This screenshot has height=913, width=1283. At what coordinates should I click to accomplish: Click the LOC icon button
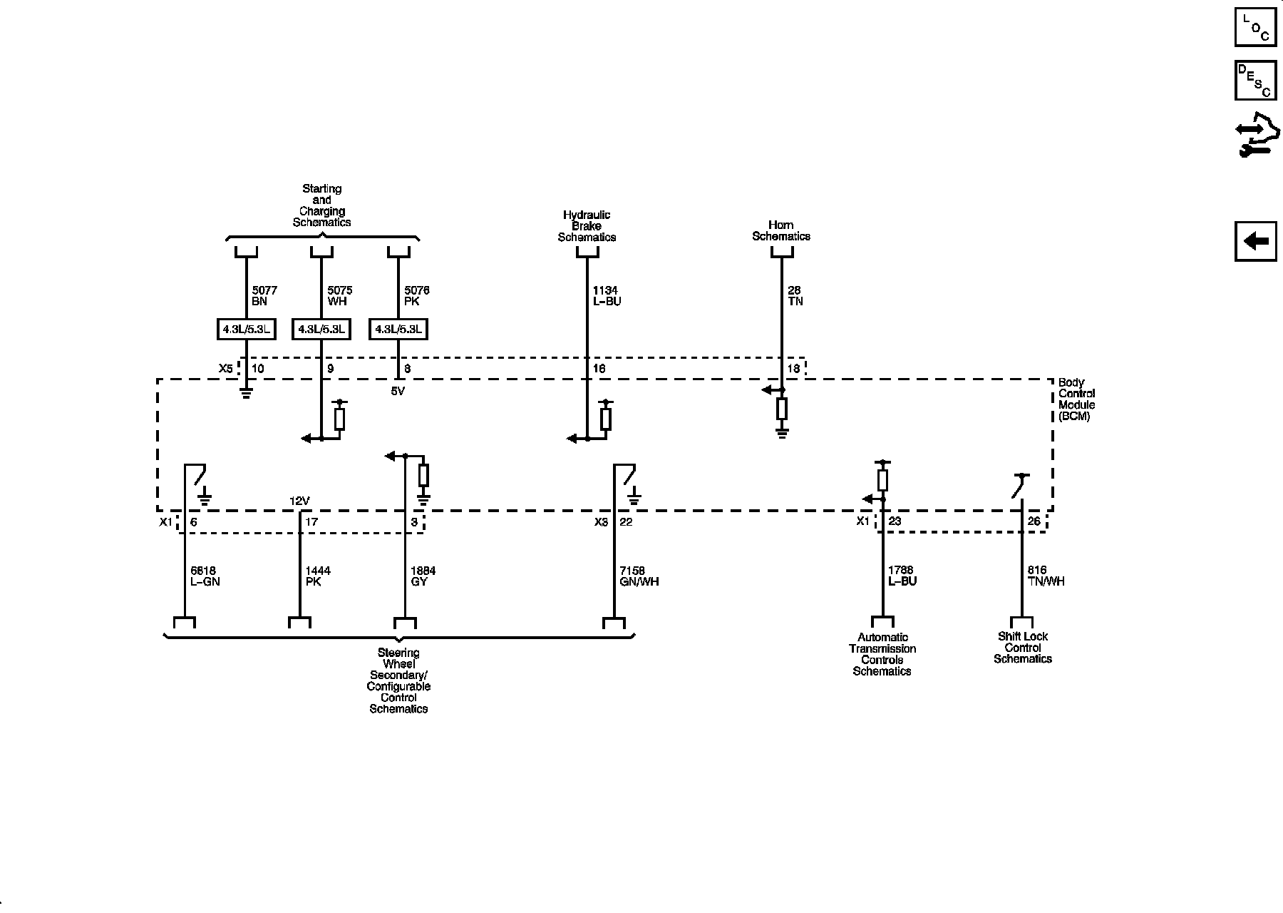coord(1255,26)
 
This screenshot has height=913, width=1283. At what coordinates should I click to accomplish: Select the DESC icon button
coord(1255,80)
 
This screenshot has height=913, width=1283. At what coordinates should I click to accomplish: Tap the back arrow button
coord(1255,241)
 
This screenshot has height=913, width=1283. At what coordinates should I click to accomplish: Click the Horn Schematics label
coord(781,230)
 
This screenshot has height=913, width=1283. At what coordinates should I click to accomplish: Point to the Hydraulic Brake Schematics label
coord(587,226)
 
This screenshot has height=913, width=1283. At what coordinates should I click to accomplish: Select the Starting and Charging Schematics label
coord(321,205)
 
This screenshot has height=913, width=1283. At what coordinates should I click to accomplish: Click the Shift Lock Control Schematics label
coord(1023,648)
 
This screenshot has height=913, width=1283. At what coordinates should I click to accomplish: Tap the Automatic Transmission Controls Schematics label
coord(882,654)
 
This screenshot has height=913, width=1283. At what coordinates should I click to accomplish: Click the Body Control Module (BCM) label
coord(1076,399)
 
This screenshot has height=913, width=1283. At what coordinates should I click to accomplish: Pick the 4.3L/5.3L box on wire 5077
coord(245,330)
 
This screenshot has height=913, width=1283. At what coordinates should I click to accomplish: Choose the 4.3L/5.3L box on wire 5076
coord(398,330)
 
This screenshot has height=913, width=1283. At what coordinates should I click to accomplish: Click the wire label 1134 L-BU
coord(607,296)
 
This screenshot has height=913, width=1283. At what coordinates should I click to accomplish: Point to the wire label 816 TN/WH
coord(1046,576)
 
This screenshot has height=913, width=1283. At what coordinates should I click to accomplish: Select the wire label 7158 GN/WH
coord(639,576)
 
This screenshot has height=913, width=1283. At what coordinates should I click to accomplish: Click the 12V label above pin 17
coord(299,501)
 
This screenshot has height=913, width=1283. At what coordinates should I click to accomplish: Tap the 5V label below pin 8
coord(398,391)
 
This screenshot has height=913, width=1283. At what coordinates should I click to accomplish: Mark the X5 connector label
coord(225,369)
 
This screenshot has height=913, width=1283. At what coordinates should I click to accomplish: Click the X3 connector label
coord(601,521)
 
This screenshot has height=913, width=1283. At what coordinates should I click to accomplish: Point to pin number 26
coord(1034,521)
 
